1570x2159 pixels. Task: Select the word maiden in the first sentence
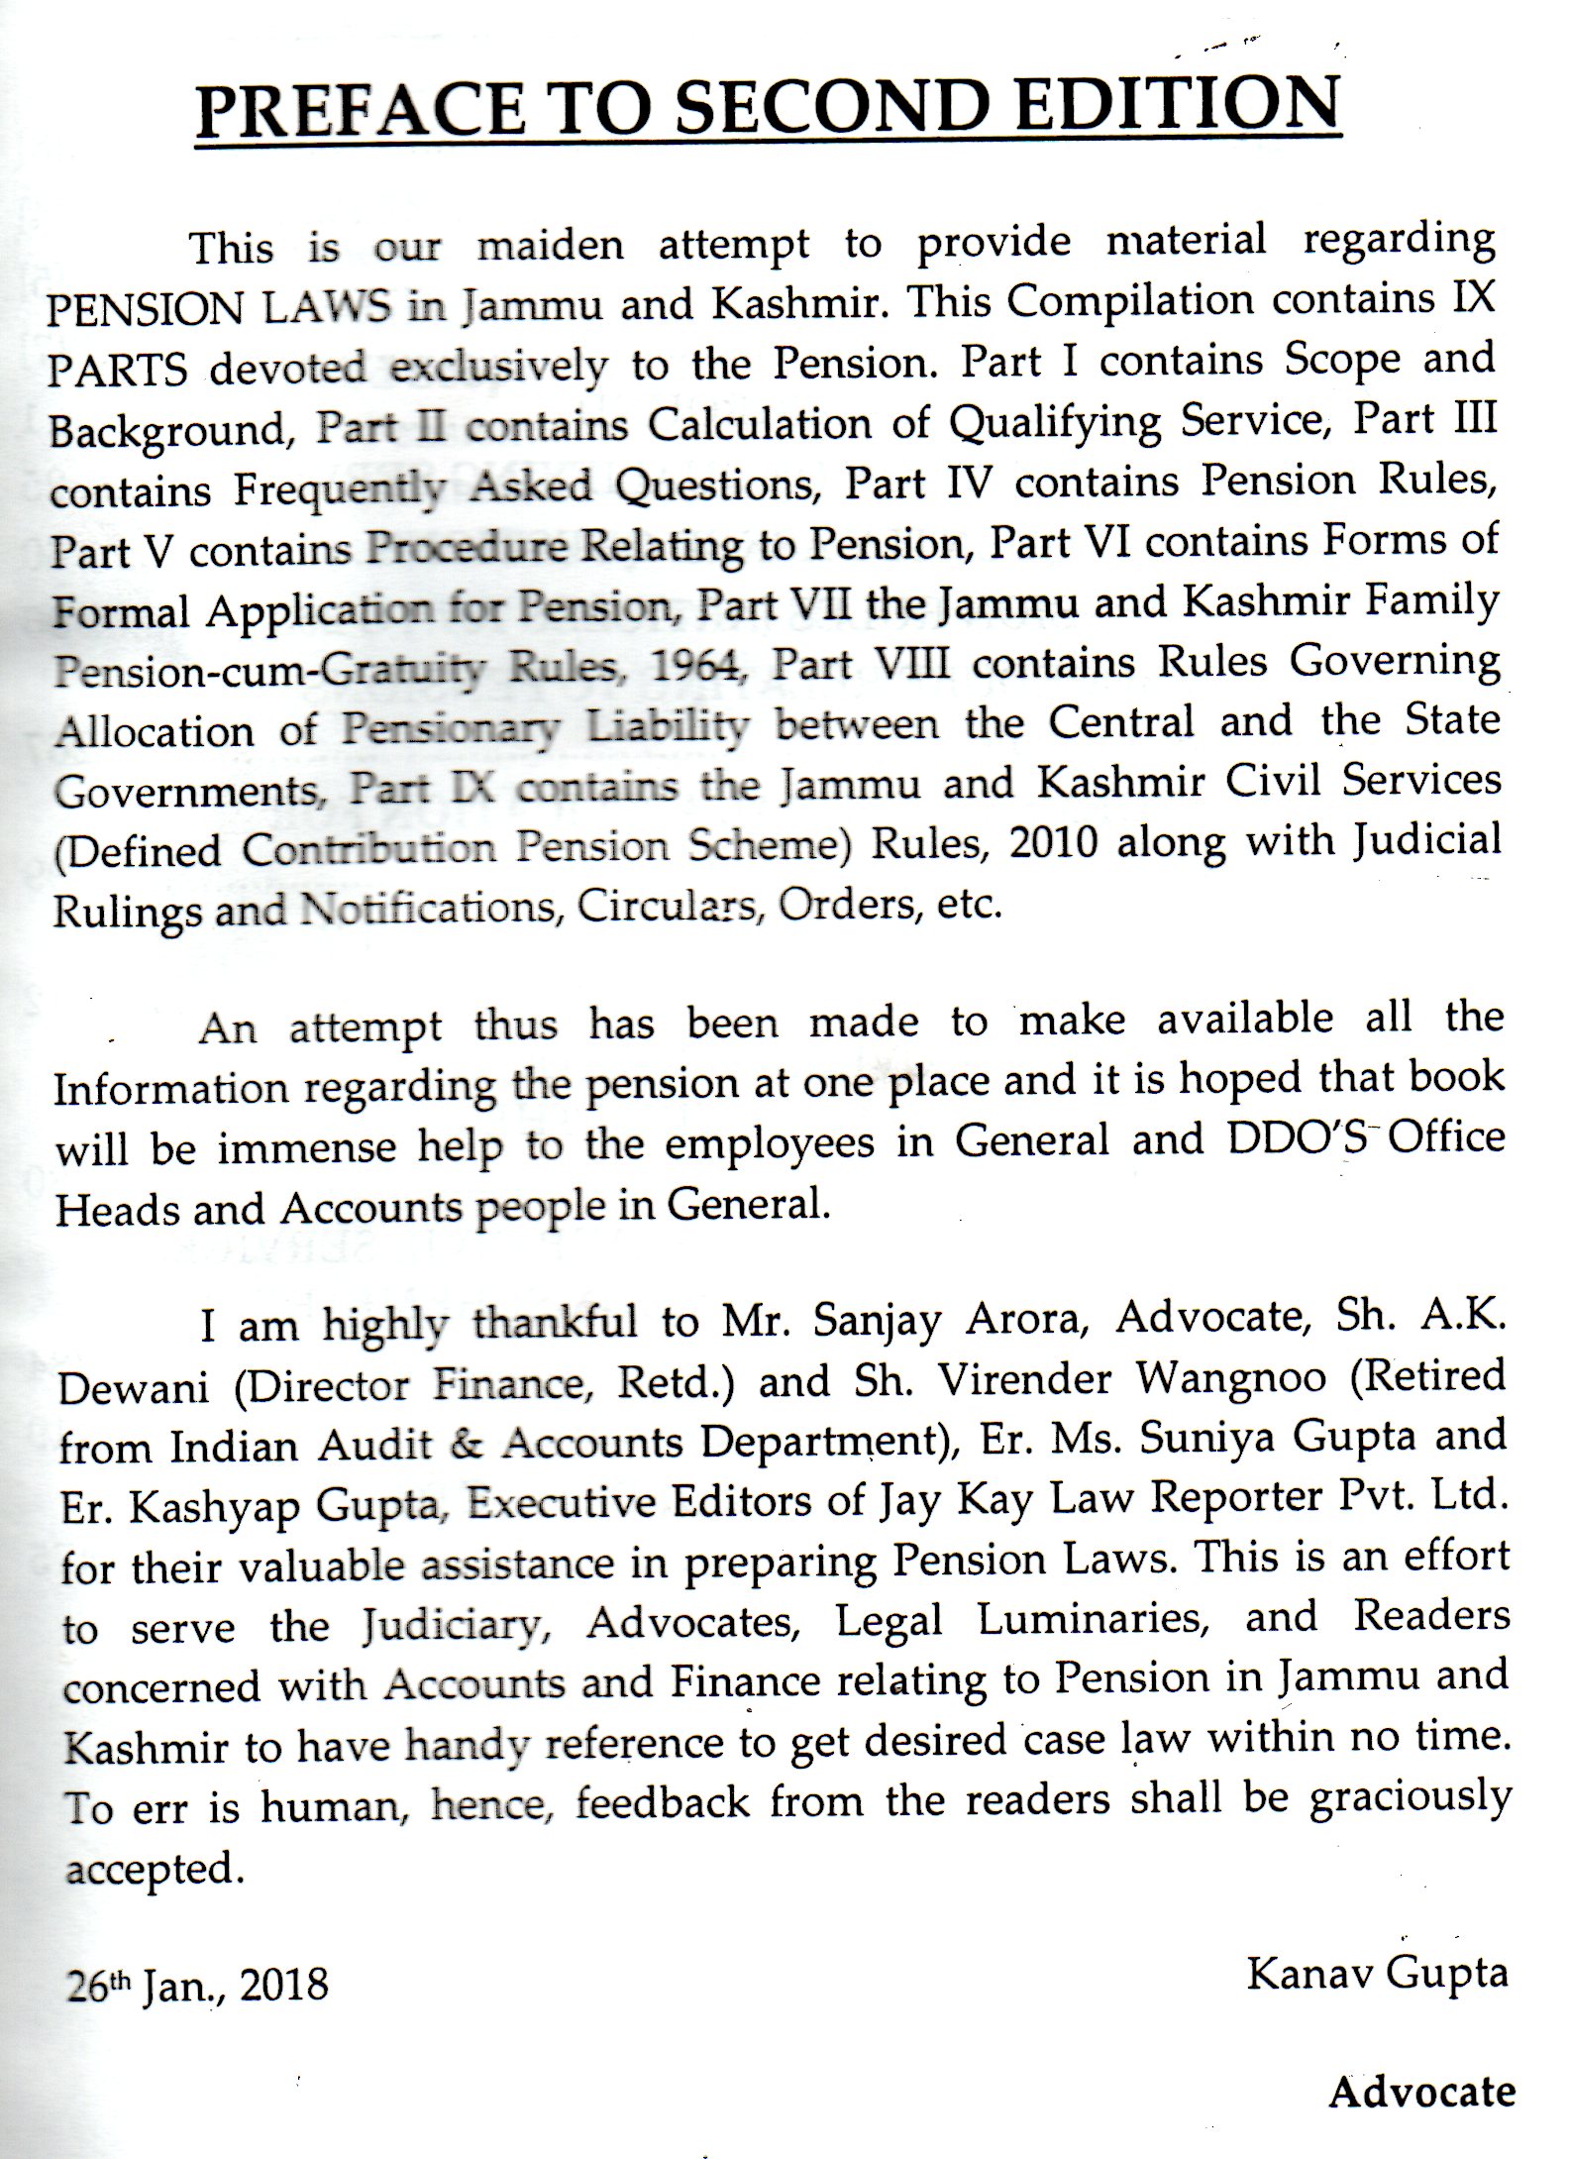(x=550, y=246)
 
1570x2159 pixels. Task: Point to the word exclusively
(x=498, y=368)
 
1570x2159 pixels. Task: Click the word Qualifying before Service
(x=1055, y=423)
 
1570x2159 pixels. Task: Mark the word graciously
(x=1411, y=1798)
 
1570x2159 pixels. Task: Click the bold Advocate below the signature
(x=1421, y=2093)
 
